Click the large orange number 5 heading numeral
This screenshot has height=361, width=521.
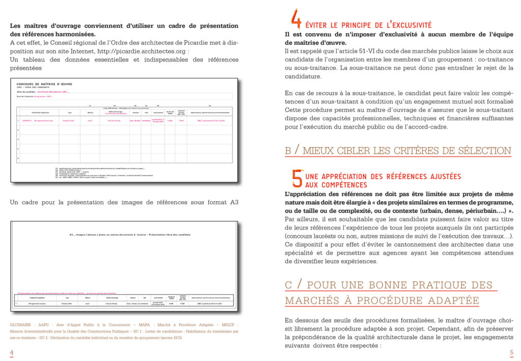(297, 178)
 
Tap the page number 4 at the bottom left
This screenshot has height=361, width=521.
(12, 352)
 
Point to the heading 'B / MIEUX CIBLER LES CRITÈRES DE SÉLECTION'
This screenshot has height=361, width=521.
(398, 151)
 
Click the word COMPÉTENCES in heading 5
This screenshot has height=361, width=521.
(336, 185)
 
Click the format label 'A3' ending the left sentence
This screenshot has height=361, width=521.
(234, 203)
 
